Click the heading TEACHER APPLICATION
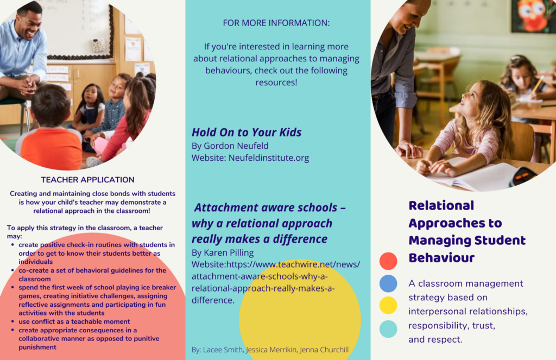pos(87,180)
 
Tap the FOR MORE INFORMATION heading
pos(276,23)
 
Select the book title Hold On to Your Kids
pos(247,132)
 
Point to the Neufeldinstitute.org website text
pos(268,158)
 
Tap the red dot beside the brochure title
pos(388,261)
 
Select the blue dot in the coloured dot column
pos(388,283)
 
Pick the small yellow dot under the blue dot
pos(388,305)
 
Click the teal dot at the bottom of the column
pos(388,329)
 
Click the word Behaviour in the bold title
pos(441,258)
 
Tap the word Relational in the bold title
pos(441,205)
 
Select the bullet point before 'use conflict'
pos(13,321)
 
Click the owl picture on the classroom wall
pos(534,15)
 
